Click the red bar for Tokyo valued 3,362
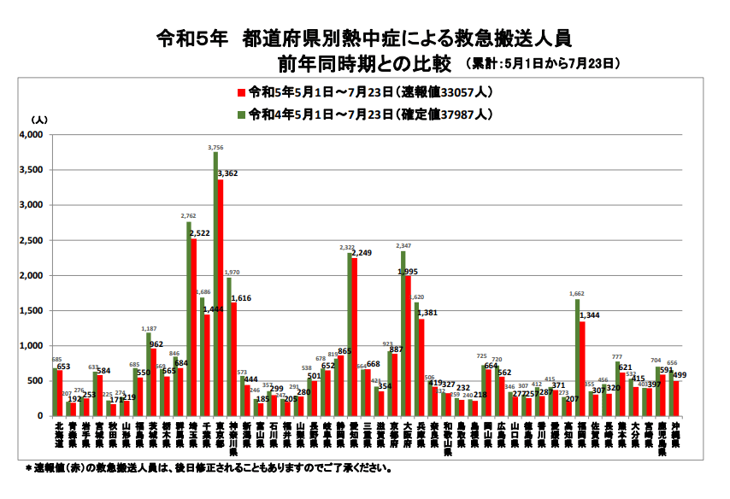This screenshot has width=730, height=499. [221, 299]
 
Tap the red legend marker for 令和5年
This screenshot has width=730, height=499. [242, 92]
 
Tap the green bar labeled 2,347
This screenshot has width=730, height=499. [403, 333]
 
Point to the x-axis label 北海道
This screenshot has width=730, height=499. [58, 435]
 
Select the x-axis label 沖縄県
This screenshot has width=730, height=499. [675, 435]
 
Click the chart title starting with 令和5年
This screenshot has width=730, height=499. [363, 38]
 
